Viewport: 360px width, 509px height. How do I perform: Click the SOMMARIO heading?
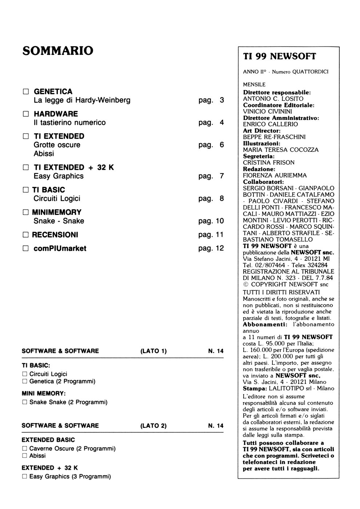58,51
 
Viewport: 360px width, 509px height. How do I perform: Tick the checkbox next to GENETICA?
25,91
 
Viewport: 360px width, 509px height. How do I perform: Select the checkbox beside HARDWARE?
25,114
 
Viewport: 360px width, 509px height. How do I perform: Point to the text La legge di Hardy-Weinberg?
82,100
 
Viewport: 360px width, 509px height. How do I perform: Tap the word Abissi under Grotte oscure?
44,153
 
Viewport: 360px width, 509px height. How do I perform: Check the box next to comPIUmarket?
25,249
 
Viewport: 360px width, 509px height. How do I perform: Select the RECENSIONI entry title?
55,235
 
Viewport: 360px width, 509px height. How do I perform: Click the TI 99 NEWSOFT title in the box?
279,56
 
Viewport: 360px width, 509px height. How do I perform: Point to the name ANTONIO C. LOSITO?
273,99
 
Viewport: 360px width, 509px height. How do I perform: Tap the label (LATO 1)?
153,351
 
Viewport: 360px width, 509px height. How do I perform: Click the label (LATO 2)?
153,426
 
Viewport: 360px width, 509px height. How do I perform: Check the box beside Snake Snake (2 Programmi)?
25,402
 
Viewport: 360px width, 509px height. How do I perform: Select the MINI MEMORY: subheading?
44,393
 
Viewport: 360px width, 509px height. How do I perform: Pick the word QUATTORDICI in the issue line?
311,72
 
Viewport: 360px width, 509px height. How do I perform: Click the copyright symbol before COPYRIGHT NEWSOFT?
245,284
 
